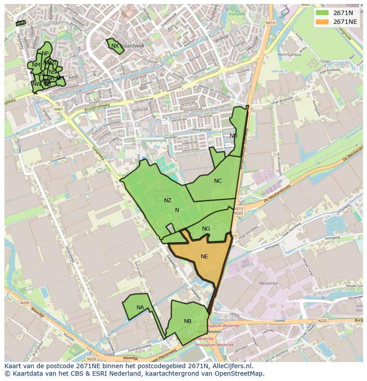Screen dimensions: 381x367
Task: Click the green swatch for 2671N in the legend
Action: pos(322,13)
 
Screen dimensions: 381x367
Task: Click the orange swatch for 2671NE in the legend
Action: pos(322,22)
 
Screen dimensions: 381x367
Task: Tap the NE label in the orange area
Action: pos(204,257)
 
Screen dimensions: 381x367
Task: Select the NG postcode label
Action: pos(206,229)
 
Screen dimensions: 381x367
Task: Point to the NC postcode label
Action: pos(218,181)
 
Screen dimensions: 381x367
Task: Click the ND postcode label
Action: pos(233,136)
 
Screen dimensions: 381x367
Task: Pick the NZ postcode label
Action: pos(168,200)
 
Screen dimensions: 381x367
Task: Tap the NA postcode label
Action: pos(140,308)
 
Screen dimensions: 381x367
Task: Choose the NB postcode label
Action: pos(187,321)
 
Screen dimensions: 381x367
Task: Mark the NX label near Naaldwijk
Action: pos(115,46)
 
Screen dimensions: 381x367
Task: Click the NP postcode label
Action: pos(45,54)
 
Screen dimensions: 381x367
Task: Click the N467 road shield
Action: pos(59,109)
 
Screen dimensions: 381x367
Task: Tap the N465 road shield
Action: pos(305,5)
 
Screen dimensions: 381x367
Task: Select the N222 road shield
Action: pos(239,213)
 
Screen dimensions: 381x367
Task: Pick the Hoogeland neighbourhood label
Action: pos(201,130)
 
